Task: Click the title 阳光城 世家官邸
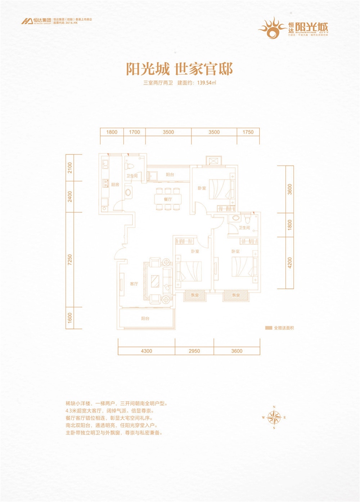(x=179, y=69)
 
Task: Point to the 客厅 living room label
(x=133, y=284)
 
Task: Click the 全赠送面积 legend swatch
(x=269, y=327)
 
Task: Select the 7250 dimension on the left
(x=70, y=260)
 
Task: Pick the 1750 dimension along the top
(x=248, y=132)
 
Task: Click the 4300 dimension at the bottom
(x=146, y=351)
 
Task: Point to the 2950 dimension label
(x=194, y=351)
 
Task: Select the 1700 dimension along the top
(x=134, y=132)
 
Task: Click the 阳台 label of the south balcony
(x=145, y=318)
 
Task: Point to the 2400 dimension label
(x=70, y=197)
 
